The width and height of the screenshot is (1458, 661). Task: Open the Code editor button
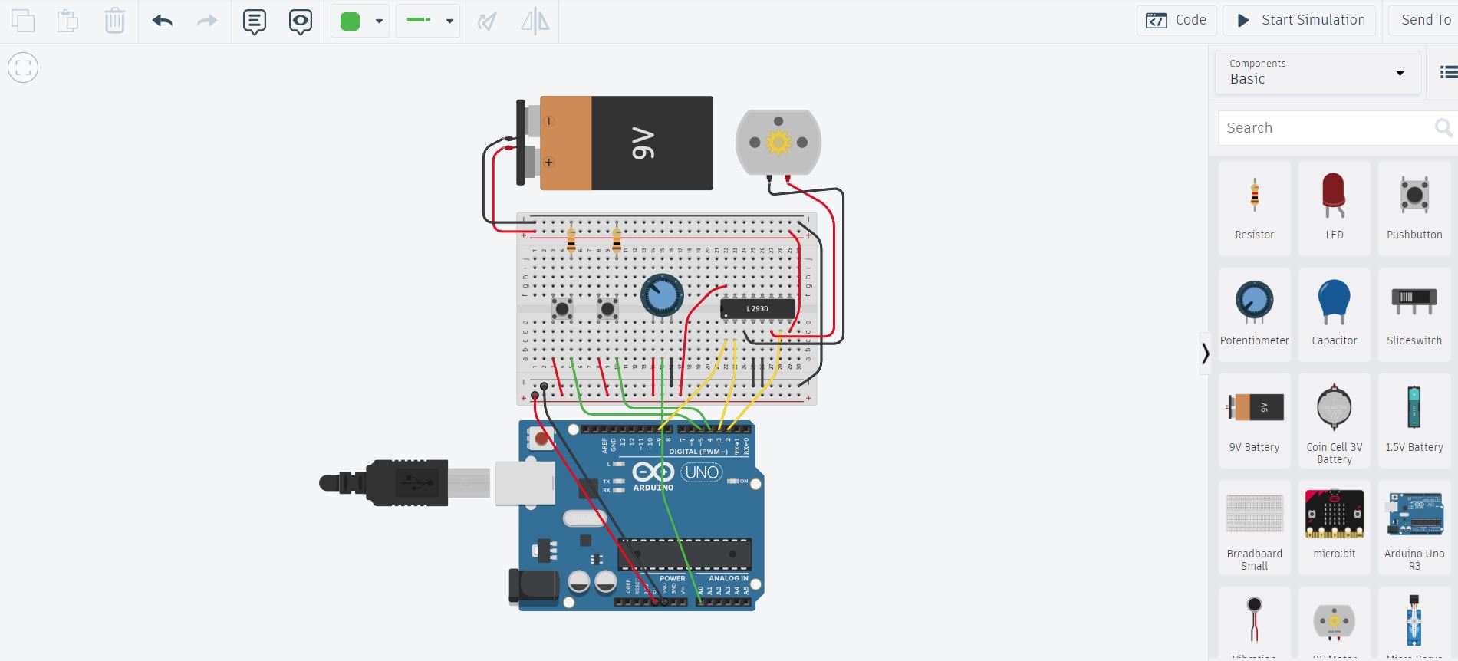tap(1176, 20)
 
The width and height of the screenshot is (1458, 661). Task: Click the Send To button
tap(1424, 20)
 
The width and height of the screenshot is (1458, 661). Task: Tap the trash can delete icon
tap(114, 21)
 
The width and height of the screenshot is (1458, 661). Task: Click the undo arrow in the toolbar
tap(162, 21)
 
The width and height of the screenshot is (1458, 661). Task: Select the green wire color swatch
tap(351, 21)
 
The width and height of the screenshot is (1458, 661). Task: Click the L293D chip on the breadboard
tap(758, 309)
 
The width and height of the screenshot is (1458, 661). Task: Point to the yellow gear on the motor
tap(778, 142)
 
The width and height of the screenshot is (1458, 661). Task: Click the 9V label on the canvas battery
tap(643, 143)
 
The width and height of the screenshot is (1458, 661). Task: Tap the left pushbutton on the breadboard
tap(562, 309)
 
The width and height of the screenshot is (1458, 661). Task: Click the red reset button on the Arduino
tap(541, 439)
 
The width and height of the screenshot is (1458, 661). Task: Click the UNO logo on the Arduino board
tap(702, 472)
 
